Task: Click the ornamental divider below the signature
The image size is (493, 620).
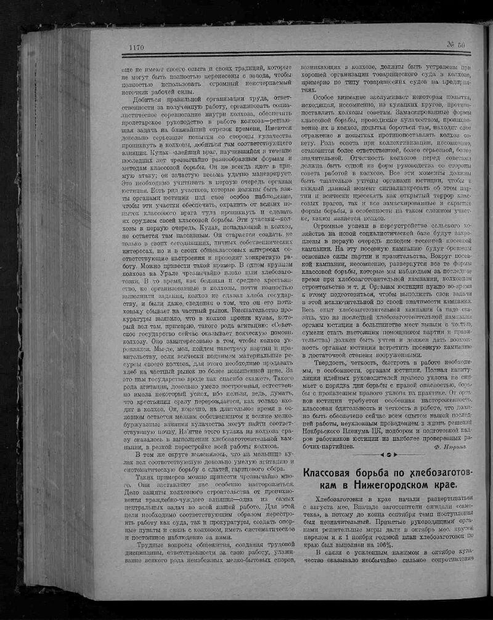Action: point(388,456)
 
